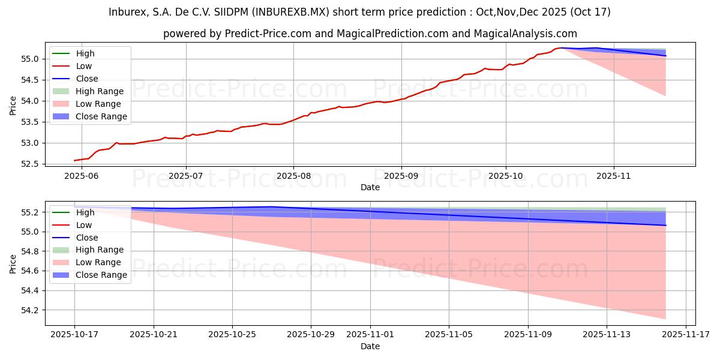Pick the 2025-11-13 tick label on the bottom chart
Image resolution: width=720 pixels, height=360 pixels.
point(607,334)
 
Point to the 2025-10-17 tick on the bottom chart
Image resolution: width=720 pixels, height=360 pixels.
point(74,334)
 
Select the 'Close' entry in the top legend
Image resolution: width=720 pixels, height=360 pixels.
point(87,79)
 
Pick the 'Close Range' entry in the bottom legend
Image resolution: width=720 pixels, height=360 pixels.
point(101,275)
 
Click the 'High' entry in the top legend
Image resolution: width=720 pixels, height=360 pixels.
point(85,53)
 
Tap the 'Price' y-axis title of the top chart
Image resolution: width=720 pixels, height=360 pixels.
point(13,105)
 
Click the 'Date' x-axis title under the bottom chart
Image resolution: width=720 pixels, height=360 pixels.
point(370,346)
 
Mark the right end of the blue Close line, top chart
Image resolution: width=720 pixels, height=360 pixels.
point(665,56)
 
